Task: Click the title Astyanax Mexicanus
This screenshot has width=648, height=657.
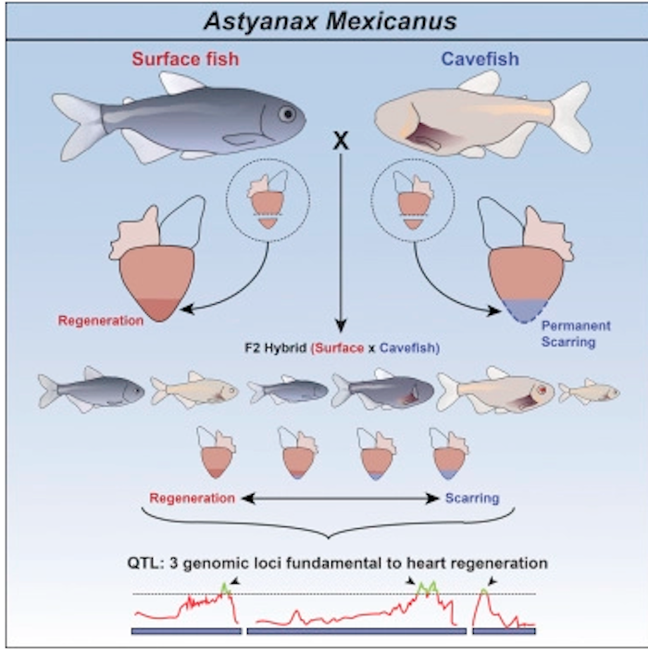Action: coord(324,20)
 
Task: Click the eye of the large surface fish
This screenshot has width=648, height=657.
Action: coord(289,114)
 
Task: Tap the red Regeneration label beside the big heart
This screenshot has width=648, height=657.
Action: coord(101,322)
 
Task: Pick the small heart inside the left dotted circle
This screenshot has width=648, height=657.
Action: coord(264,204)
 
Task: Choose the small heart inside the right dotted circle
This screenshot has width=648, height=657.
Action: coord(408,204)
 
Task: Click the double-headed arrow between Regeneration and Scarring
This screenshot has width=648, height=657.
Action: coord(340,499)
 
